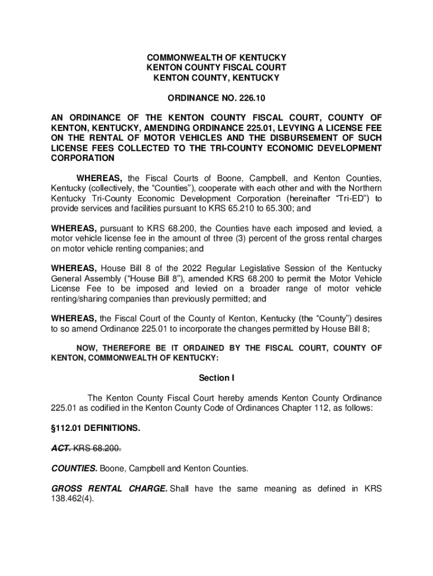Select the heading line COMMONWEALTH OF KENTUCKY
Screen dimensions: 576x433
[x=216, y=58]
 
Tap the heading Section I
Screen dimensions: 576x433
[x=216, y=378]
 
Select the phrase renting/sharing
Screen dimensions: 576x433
[x=80, y=299]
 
